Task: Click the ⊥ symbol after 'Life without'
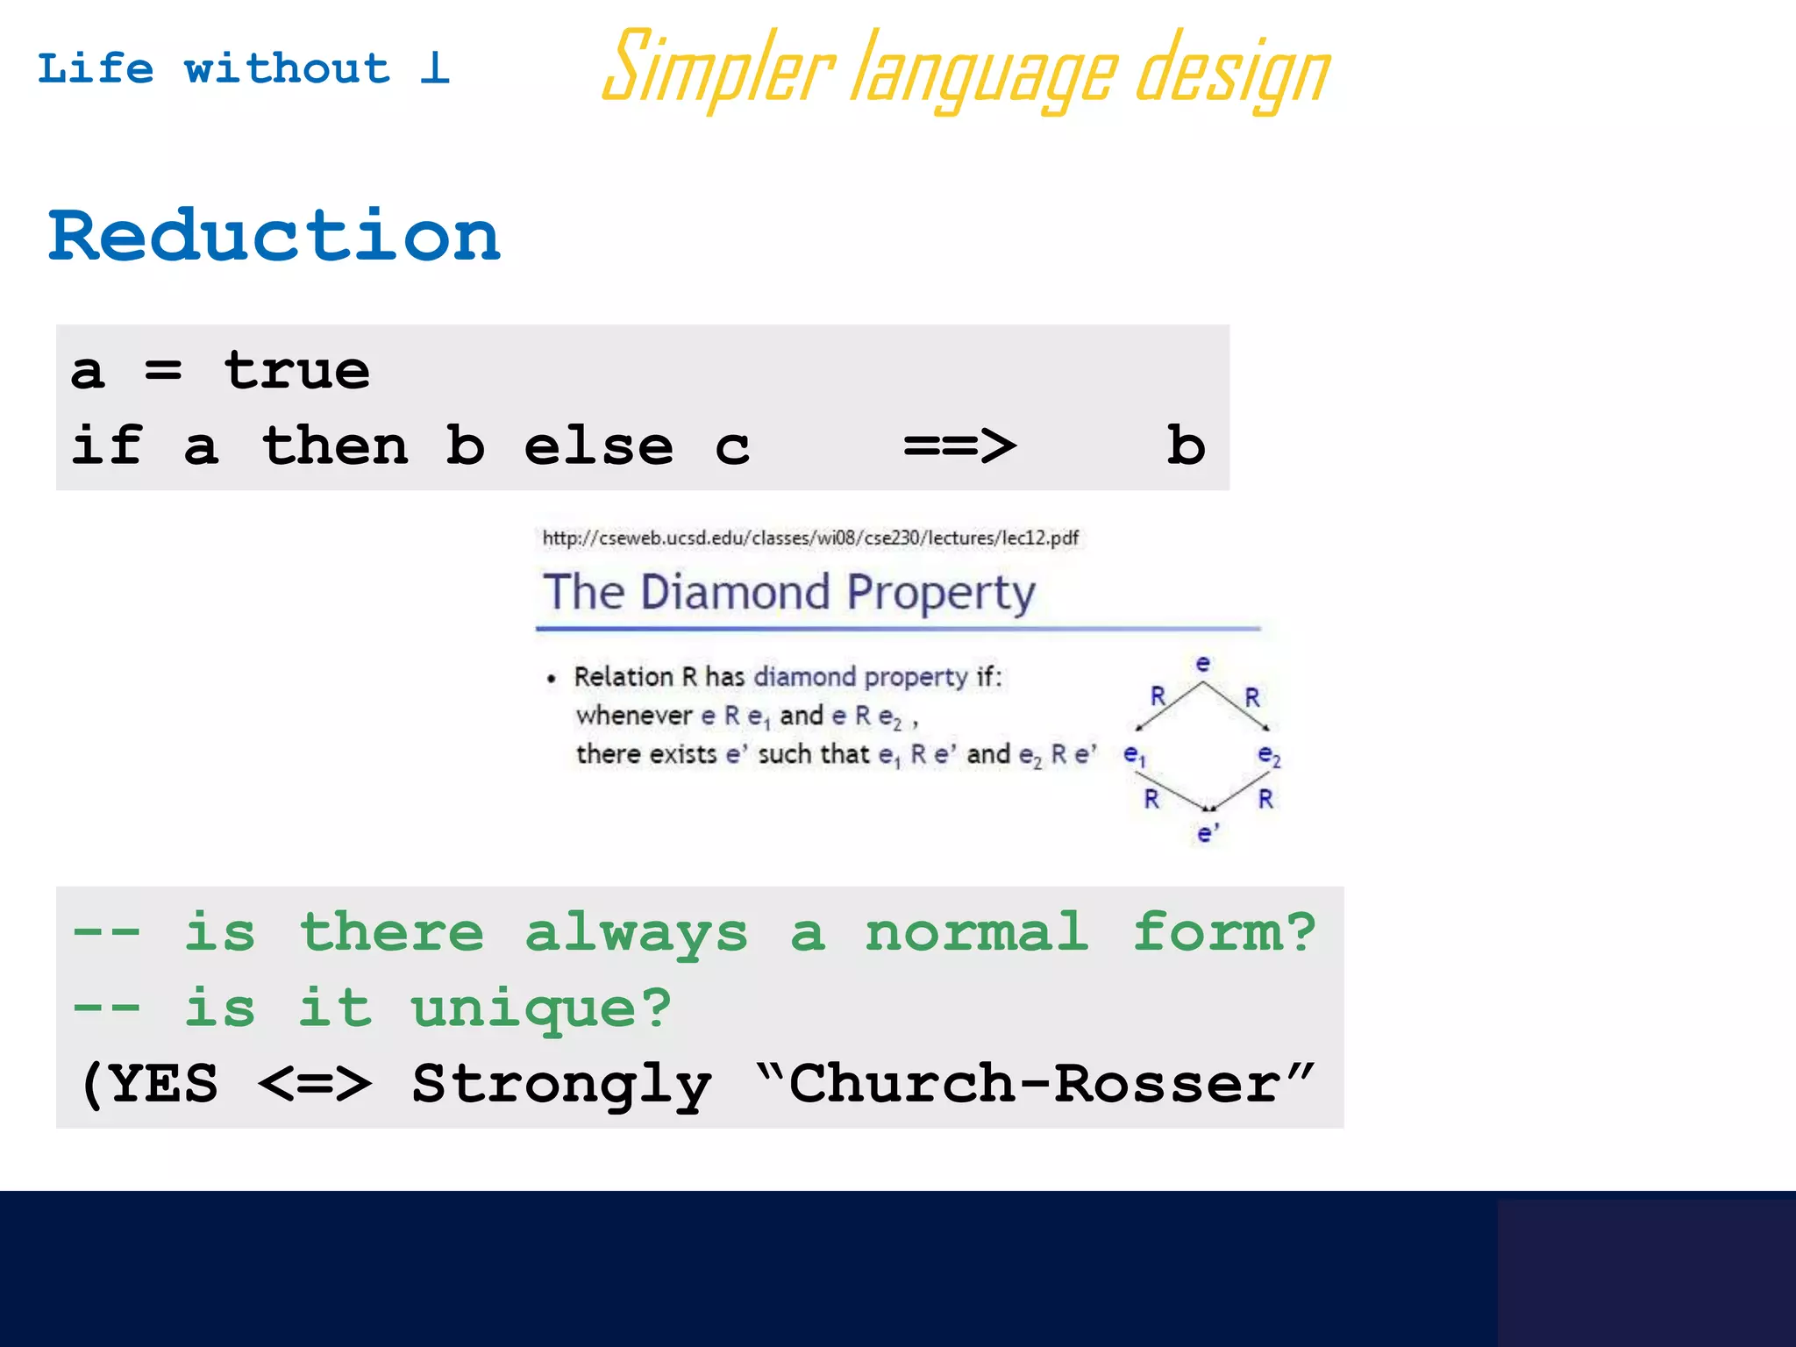pos(435,68)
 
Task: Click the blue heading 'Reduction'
pos(274,237)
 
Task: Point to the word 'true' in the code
pos(296,370)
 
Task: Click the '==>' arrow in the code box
pos(959,446)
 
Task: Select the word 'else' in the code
pos(598,446)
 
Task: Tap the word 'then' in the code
pos(335,446)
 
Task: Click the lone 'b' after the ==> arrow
pos(1186,445)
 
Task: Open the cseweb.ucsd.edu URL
pos(810,538)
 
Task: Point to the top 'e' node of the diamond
pos(1203,664)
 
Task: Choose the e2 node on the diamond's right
pos(1269,754)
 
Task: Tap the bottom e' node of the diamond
pos(1208,833)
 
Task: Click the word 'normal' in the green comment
pos(977,932)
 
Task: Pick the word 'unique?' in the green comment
pos(541,1008)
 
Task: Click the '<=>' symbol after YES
pos(315,1084)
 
